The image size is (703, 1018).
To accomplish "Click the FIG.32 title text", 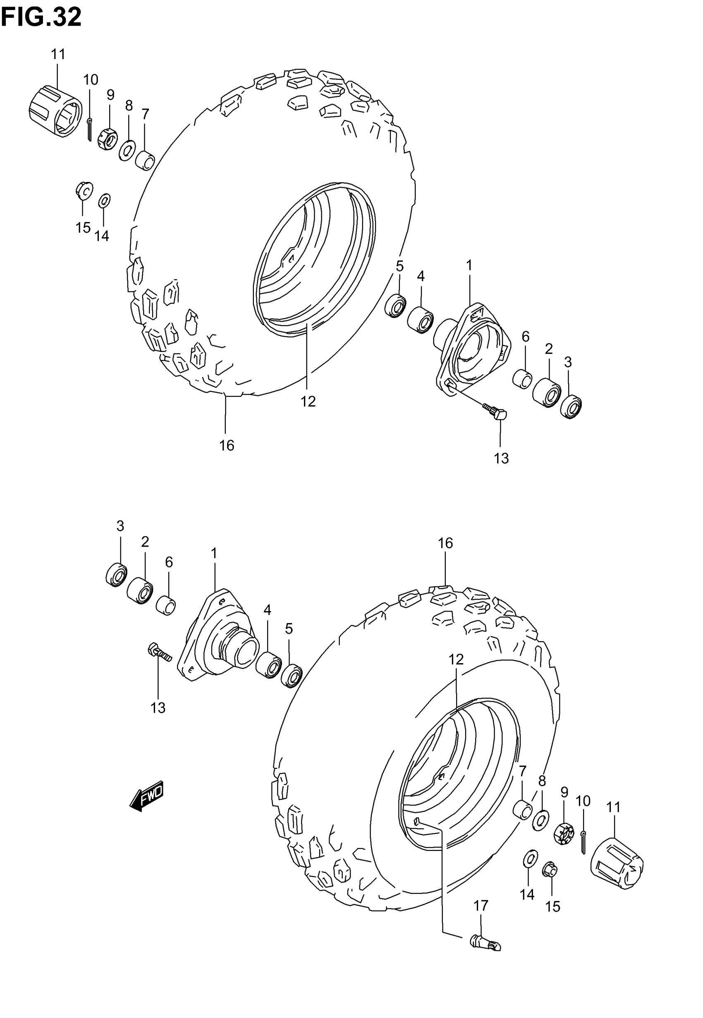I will [41, 18].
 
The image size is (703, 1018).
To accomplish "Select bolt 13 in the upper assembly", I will [496, 412].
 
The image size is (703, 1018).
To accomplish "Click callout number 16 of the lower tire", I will [445, 543].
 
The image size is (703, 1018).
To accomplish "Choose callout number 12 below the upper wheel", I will [308, 401].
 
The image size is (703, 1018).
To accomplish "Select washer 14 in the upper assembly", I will [104, 201].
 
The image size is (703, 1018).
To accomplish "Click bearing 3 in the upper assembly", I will [572, 407].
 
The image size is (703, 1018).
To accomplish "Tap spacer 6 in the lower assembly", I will [166, 605].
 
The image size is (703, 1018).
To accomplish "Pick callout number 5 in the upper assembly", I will [399, 266].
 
